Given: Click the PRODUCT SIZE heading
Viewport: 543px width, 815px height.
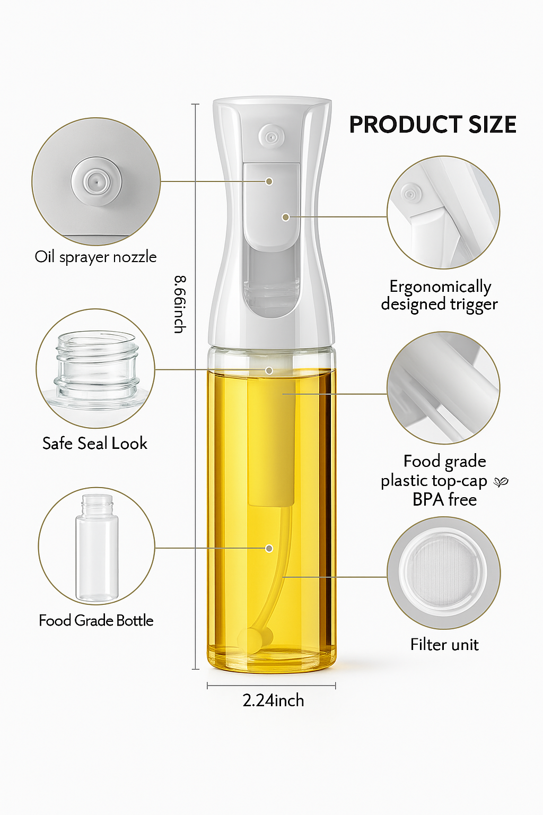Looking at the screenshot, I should point(433,125).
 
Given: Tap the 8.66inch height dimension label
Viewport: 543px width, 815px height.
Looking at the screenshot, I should point(180,304).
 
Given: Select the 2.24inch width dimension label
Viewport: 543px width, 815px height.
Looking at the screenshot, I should point(273,700).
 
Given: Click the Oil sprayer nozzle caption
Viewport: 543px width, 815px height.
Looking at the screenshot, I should point(95,257).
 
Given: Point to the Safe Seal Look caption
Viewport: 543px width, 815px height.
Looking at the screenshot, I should point(95,443).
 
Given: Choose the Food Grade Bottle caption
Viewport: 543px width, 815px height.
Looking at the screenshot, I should point(96,620).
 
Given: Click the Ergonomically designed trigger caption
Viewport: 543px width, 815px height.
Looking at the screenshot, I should point(440,295).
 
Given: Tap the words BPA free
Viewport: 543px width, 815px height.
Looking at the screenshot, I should point(444,500).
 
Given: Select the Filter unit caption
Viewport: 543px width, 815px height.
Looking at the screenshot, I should point(444,645).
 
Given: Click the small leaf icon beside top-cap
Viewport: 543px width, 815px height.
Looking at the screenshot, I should point(501,482).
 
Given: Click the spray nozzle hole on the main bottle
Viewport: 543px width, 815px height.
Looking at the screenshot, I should point(271,136).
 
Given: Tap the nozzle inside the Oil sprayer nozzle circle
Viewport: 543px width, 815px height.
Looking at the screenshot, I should point(97,181).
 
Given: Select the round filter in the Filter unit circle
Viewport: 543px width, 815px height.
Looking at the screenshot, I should point(444,573).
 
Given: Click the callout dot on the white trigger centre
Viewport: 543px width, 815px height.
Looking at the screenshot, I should point(285,217).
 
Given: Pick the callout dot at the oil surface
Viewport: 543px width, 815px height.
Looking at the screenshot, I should point(269,370).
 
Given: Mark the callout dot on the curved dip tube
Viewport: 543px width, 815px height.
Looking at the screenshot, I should point(269,548).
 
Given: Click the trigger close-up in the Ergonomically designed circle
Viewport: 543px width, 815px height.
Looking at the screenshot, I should point(443,212).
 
